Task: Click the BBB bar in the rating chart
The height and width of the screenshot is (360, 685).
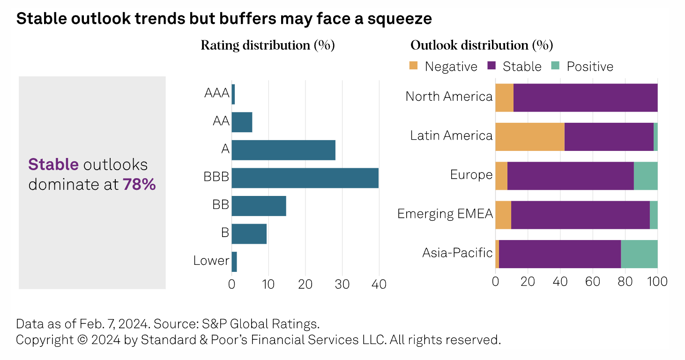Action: tap(305, 178)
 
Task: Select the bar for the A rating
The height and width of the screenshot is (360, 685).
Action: tap(283, 150)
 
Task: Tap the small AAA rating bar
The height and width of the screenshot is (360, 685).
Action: tap(233, 94)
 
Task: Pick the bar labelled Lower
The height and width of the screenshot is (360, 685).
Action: tap(234, 262)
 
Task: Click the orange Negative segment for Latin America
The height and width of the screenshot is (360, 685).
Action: tap(529, 137)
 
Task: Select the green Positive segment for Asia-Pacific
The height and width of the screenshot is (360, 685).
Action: tap(639, 254)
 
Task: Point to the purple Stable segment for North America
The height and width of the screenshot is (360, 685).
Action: tap(585, 97)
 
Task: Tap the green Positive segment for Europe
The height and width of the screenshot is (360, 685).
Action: tap(646, 176)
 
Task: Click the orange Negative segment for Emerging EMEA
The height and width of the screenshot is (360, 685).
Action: tap(503, 215)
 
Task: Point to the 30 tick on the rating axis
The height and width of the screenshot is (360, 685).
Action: tap(342, 285)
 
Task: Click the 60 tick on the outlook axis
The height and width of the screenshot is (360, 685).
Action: tap(593, 281)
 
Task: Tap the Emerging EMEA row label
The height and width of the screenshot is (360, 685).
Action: tap(445, 214)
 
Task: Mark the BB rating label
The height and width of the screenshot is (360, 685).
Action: tap(220, 205)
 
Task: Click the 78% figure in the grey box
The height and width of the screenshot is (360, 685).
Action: tap(139, 184)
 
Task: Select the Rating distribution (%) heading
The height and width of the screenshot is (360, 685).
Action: tap(268, 45)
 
